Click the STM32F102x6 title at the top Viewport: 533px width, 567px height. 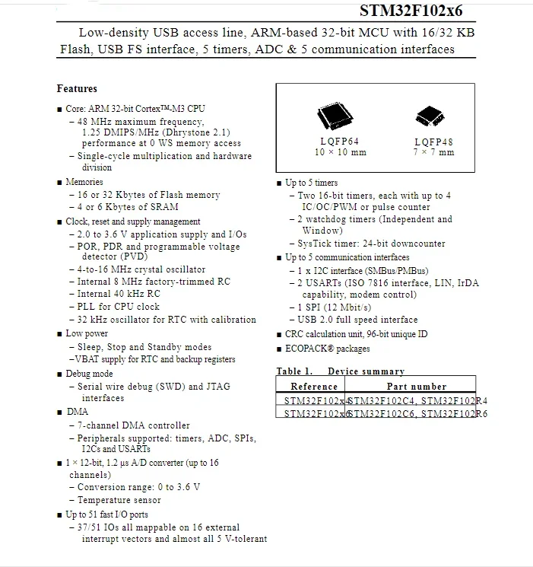[411, 10]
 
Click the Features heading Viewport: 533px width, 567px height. [77, 89]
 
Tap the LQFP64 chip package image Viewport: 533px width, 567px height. [335, 117]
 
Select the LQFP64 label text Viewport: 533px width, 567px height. [340, 142]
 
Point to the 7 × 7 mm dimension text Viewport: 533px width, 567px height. [434, 152]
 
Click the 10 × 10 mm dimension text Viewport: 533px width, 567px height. [340, 152]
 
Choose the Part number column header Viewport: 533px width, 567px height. [417, 387]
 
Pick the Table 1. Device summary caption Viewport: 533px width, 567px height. [340, 371]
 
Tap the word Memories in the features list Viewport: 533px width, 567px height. [84, 183]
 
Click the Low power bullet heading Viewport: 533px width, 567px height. [87, 333]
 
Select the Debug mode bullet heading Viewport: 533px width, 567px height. [89, 374]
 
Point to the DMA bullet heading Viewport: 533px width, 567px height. [77, 412]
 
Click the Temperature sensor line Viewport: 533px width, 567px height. [119, 500]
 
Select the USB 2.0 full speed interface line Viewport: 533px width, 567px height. [357, 320]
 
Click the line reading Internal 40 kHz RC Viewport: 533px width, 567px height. [119, 294]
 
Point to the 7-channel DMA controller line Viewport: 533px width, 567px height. [134, 425]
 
